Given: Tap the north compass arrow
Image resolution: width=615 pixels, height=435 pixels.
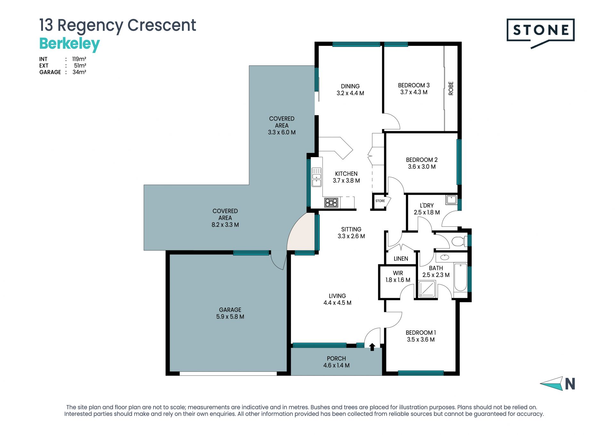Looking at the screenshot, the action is point(552,383).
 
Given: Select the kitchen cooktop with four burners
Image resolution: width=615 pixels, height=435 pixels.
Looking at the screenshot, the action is point(331,203).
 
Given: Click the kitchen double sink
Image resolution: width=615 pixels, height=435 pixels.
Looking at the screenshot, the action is point(316,177).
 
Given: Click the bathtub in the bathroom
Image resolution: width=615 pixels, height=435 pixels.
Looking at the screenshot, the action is point(460,277).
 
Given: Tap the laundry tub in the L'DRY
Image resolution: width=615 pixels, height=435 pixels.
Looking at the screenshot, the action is point(452,200).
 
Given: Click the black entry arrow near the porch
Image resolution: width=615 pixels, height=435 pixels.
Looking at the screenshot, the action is point(372,347).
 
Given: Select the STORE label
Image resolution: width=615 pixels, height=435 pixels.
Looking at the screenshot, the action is point(380,201).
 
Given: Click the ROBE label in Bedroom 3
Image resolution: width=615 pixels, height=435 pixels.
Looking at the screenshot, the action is point(451,88).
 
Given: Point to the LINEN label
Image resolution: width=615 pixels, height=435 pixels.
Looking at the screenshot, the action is point(401,259).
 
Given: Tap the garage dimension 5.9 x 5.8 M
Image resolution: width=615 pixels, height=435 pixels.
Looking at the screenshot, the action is point(230,317).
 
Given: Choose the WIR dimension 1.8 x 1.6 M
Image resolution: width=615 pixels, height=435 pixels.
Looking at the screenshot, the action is point(398,280).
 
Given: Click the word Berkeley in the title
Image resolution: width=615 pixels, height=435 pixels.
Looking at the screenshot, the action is point(70,44).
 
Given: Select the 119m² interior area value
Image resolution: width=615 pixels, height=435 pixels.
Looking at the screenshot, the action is point(79,59).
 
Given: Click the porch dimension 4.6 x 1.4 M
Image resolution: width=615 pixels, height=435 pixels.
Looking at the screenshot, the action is point(336,365).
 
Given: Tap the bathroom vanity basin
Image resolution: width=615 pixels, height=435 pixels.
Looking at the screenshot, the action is point(445,257).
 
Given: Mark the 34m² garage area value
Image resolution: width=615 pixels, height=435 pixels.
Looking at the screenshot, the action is point(79,72).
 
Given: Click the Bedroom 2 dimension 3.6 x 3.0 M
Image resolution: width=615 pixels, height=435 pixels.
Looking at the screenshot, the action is point(422,167).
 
